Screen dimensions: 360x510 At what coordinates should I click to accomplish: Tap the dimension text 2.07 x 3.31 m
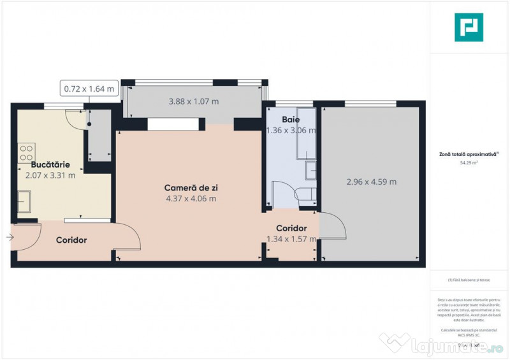click(x=50, y=175)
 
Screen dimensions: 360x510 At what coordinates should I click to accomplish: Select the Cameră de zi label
click(x=187, y=188)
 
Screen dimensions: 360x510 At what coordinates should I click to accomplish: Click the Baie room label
click(x=291, y=120)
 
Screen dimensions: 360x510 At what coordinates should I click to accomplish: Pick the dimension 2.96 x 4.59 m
click(x=371, y=182)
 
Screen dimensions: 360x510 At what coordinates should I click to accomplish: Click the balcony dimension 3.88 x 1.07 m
click(x=194, y=101)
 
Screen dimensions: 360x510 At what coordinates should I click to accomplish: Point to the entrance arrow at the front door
click(x=10, y=238)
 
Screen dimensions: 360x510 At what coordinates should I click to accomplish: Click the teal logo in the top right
click(x=469, y=27)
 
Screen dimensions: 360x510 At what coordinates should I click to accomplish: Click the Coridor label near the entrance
click(x=71, y=240)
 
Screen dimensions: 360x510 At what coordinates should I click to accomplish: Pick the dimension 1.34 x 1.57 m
click(x=291, y=240)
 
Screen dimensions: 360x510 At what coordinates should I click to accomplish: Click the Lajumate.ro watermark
click(x=446, y=345)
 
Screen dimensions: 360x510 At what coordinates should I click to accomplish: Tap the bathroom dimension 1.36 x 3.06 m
click(x=291, y=131)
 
